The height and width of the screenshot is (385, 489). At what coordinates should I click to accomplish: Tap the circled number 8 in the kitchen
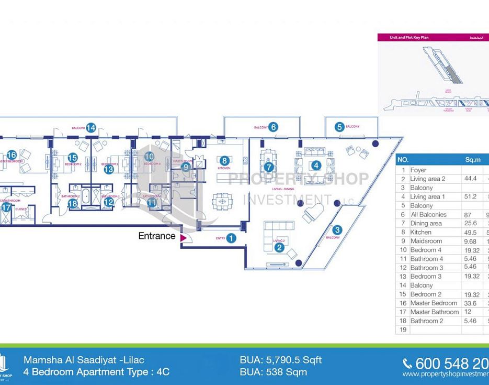click(x=224, y=161)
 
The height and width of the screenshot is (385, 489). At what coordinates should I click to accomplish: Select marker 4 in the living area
click(x=316, y=165)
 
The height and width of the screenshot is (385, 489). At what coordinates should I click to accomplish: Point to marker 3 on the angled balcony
click(x=337, y=229)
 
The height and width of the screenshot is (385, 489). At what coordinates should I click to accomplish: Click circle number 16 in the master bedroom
click(x=12, y=155)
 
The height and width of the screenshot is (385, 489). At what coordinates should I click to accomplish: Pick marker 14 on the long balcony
click(x=91, y=127)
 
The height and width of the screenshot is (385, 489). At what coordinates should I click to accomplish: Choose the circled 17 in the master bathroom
click(x=6, y=208)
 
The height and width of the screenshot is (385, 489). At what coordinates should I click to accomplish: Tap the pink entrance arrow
click(x=183, y=238)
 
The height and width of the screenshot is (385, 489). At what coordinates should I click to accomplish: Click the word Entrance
click(x=156, y=236)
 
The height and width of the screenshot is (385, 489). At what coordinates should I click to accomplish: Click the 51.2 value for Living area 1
click(x=469, y=197)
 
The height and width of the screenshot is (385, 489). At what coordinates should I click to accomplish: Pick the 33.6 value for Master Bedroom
click(x=469, y=303)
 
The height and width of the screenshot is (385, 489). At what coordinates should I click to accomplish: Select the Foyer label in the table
click(x=418, y=170)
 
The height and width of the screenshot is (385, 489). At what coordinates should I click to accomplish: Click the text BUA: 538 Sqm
click(x=274, y=372)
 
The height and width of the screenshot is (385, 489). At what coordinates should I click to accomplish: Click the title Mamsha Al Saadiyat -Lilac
click(x=84, y=360)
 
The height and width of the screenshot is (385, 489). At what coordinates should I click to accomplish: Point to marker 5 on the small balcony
click(x=339, y=126)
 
